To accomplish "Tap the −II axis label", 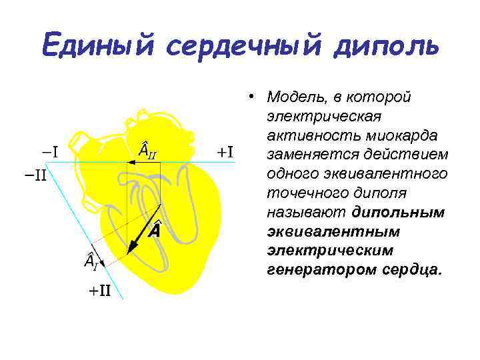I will [x=31, y=177].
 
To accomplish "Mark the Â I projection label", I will [x=91, y=262].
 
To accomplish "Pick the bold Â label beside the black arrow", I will [x=154, y=231].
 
